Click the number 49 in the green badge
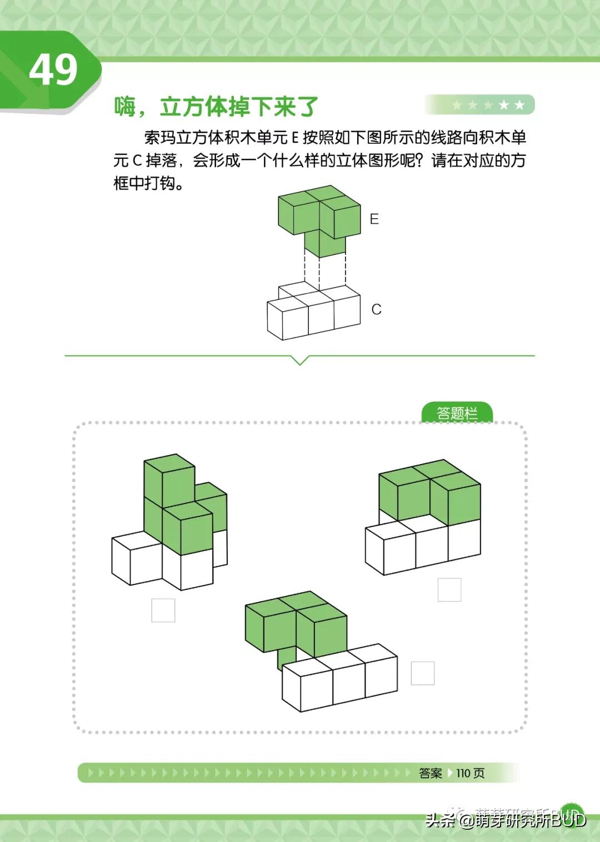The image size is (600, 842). [53, 70]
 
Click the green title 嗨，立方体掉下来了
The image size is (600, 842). [216, 107]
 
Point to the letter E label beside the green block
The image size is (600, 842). [374, 219]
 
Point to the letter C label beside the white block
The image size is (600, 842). [376, 309]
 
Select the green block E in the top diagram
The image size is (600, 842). [319, 219]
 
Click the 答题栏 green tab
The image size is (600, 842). [457, 413]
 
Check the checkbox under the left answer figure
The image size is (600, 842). [163, 610]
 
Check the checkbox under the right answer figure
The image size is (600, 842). [449, 589]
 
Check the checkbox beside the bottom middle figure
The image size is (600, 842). [422, 673]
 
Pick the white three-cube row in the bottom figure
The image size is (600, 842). [340, 680]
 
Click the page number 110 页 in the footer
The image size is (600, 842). [470, 773]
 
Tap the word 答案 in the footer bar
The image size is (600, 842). [431, 773]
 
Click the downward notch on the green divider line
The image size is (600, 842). [300, 360]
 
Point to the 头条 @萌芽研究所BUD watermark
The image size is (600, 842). [506, 820]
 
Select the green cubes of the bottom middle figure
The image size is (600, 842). [296, 624]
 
